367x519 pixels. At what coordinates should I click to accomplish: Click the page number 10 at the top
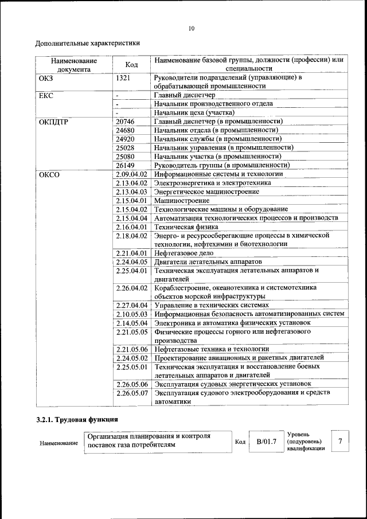point(192,29)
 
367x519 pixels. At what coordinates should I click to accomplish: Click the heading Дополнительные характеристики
point(87,43)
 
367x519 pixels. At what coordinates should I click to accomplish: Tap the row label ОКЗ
point(45,77)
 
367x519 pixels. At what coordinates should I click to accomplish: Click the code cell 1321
point(124,77)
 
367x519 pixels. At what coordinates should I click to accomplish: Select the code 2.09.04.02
point(131,174)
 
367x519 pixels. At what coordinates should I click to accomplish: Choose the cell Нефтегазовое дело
point(184,252)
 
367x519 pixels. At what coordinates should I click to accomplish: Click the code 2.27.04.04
point(131,305)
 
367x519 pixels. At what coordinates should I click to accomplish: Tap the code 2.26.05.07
point(131,393)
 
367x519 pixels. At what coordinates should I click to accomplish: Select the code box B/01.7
point(266,442)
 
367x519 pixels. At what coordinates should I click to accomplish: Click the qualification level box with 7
point(341,442)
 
